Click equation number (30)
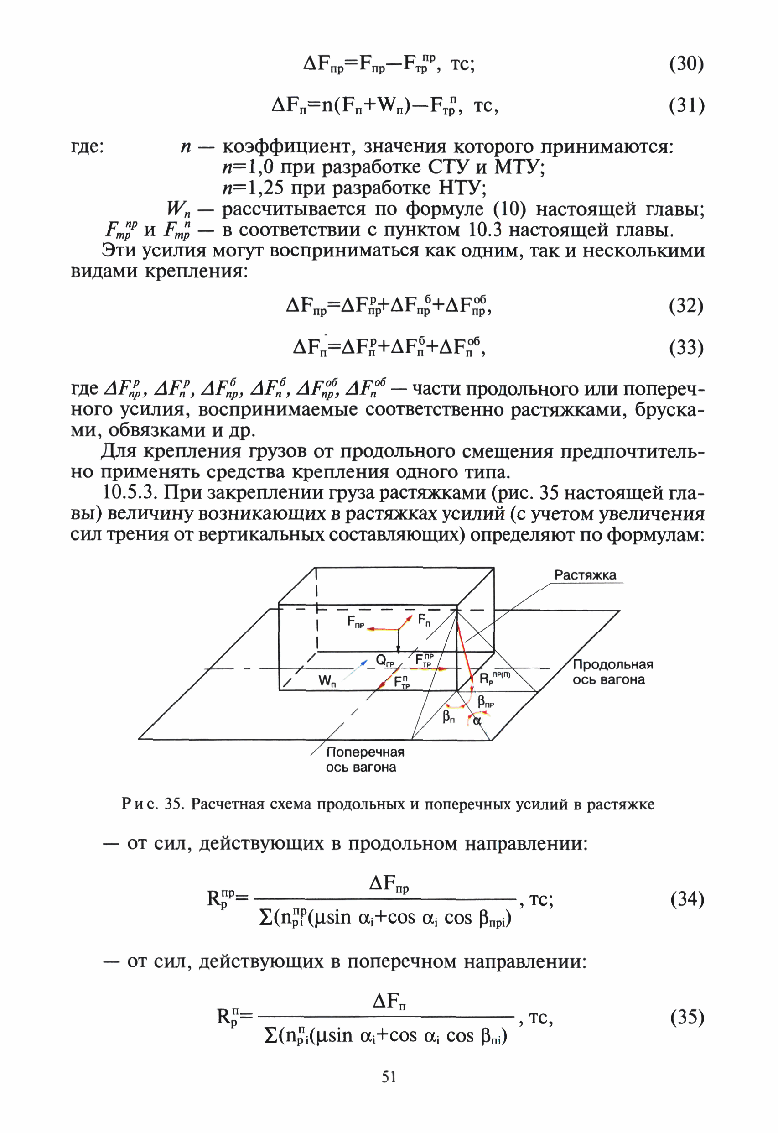686,64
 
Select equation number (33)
686,347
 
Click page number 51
389,1076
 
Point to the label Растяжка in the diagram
585,575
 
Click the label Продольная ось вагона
612,672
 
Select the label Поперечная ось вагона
365,759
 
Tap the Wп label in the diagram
327,680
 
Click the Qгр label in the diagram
384,660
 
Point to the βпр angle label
486,702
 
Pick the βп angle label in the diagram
448,716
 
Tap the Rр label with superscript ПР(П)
494,678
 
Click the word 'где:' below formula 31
87,146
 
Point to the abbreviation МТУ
519,167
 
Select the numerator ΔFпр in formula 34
389,883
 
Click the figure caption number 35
174,804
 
